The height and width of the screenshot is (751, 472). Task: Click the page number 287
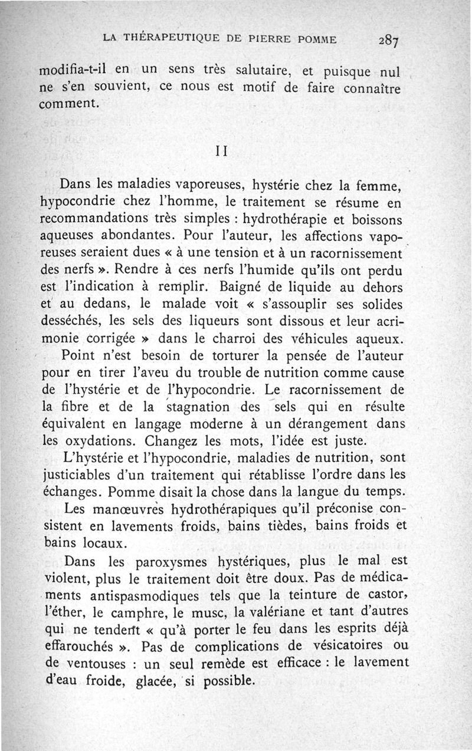click(389, 40)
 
